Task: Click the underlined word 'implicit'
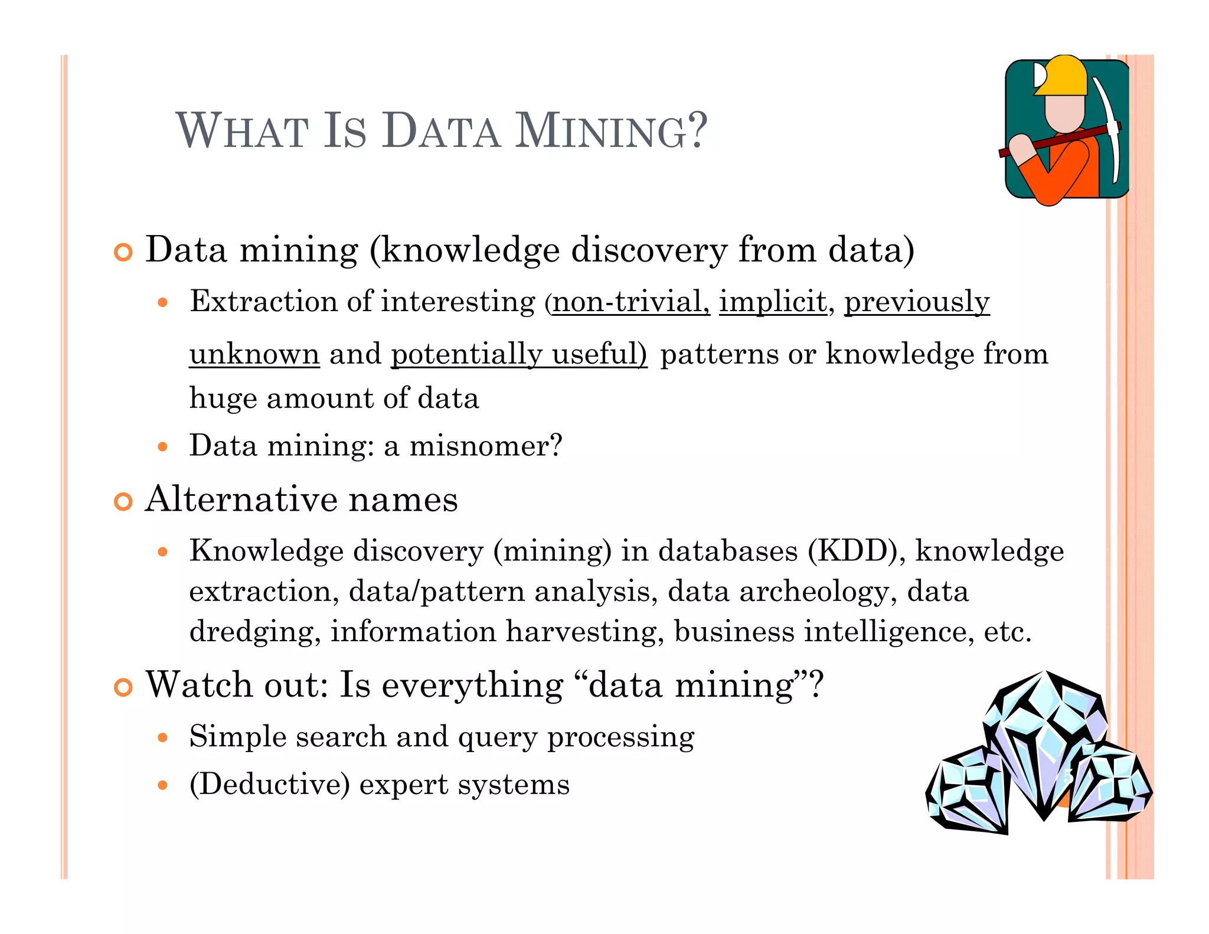773,302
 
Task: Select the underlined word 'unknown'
254,354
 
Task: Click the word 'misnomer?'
486,446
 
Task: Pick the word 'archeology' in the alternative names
814,592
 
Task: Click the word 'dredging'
252,632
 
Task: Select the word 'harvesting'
581,632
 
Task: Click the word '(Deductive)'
270,785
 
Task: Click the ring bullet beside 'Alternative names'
123,501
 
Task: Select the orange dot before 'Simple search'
164,737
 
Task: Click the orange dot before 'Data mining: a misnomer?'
164,446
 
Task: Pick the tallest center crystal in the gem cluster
1045,744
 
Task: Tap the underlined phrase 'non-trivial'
629,302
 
